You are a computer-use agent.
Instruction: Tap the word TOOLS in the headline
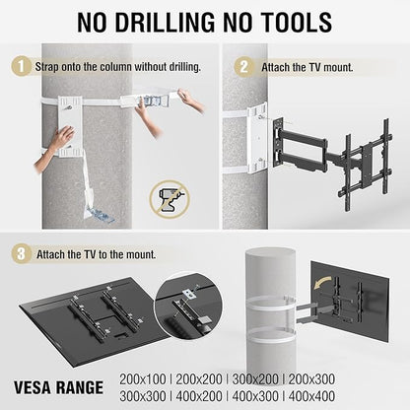(293, 23)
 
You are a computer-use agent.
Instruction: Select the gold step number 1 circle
(21, 66)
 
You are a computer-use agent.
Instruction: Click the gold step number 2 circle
(243, 67)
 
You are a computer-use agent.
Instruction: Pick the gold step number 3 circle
(21, 254)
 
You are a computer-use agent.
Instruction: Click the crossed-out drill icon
(170, 199)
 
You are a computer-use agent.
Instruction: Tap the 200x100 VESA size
(143, 379)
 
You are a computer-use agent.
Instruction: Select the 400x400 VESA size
(311, 396)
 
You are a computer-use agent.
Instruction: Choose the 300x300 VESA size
(143, 396)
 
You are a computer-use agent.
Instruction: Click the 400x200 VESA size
(199, 396)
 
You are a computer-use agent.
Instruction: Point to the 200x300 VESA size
(311, 379)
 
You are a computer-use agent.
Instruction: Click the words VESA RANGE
(58, 387)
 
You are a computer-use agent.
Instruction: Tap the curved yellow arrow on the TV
(322, 282)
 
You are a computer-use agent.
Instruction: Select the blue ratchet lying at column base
(99, 214)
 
